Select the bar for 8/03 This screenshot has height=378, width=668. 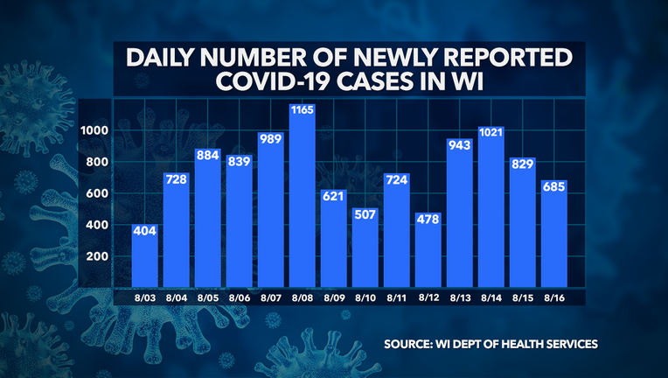[144, 258]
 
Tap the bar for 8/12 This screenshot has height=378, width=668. [428, 254]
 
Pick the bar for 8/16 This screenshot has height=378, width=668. [553, 236]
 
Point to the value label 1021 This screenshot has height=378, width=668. [491, 133]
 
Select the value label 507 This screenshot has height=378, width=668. [365, 213]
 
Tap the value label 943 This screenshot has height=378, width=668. [459, 145]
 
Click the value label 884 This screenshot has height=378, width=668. [207, 154]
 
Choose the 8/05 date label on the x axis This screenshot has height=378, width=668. [207, 298]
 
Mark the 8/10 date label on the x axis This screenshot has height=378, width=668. [365, 298]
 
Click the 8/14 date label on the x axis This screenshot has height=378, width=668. [491, 298]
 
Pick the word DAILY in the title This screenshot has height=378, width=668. [164, 57]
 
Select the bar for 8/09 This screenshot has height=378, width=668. [333, 232]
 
